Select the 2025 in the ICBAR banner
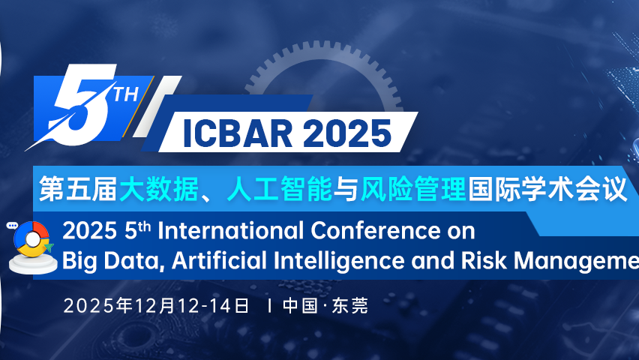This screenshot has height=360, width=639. tap(346, 133)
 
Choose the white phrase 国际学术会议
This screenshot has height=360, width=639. tap(546, 187)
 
